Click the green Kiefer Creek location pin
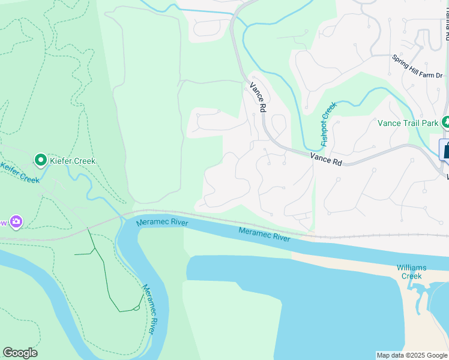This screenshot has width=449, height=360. pos(41,160)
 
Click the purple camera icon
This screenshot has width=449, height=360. pos(16,222)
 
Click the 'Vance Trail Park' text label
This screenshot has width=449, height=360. pos(408,123)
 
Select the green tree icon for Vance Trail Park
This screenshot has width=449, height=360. pos(445,122)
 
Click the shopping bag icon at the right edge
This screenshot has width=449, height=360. pos(445,149)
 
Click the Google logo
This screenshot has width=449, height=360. pos(20,353)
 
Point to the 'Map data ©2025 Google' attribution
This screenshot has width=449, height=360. pos(412,355)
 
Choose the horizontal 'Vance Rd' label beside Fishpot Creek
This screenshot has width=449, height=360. pos(326,158)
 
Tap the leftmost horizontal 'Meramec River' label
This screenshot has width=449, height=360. pos(162,223)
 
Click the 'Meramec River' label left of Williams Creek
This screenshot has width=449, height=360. pos(264,235)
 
